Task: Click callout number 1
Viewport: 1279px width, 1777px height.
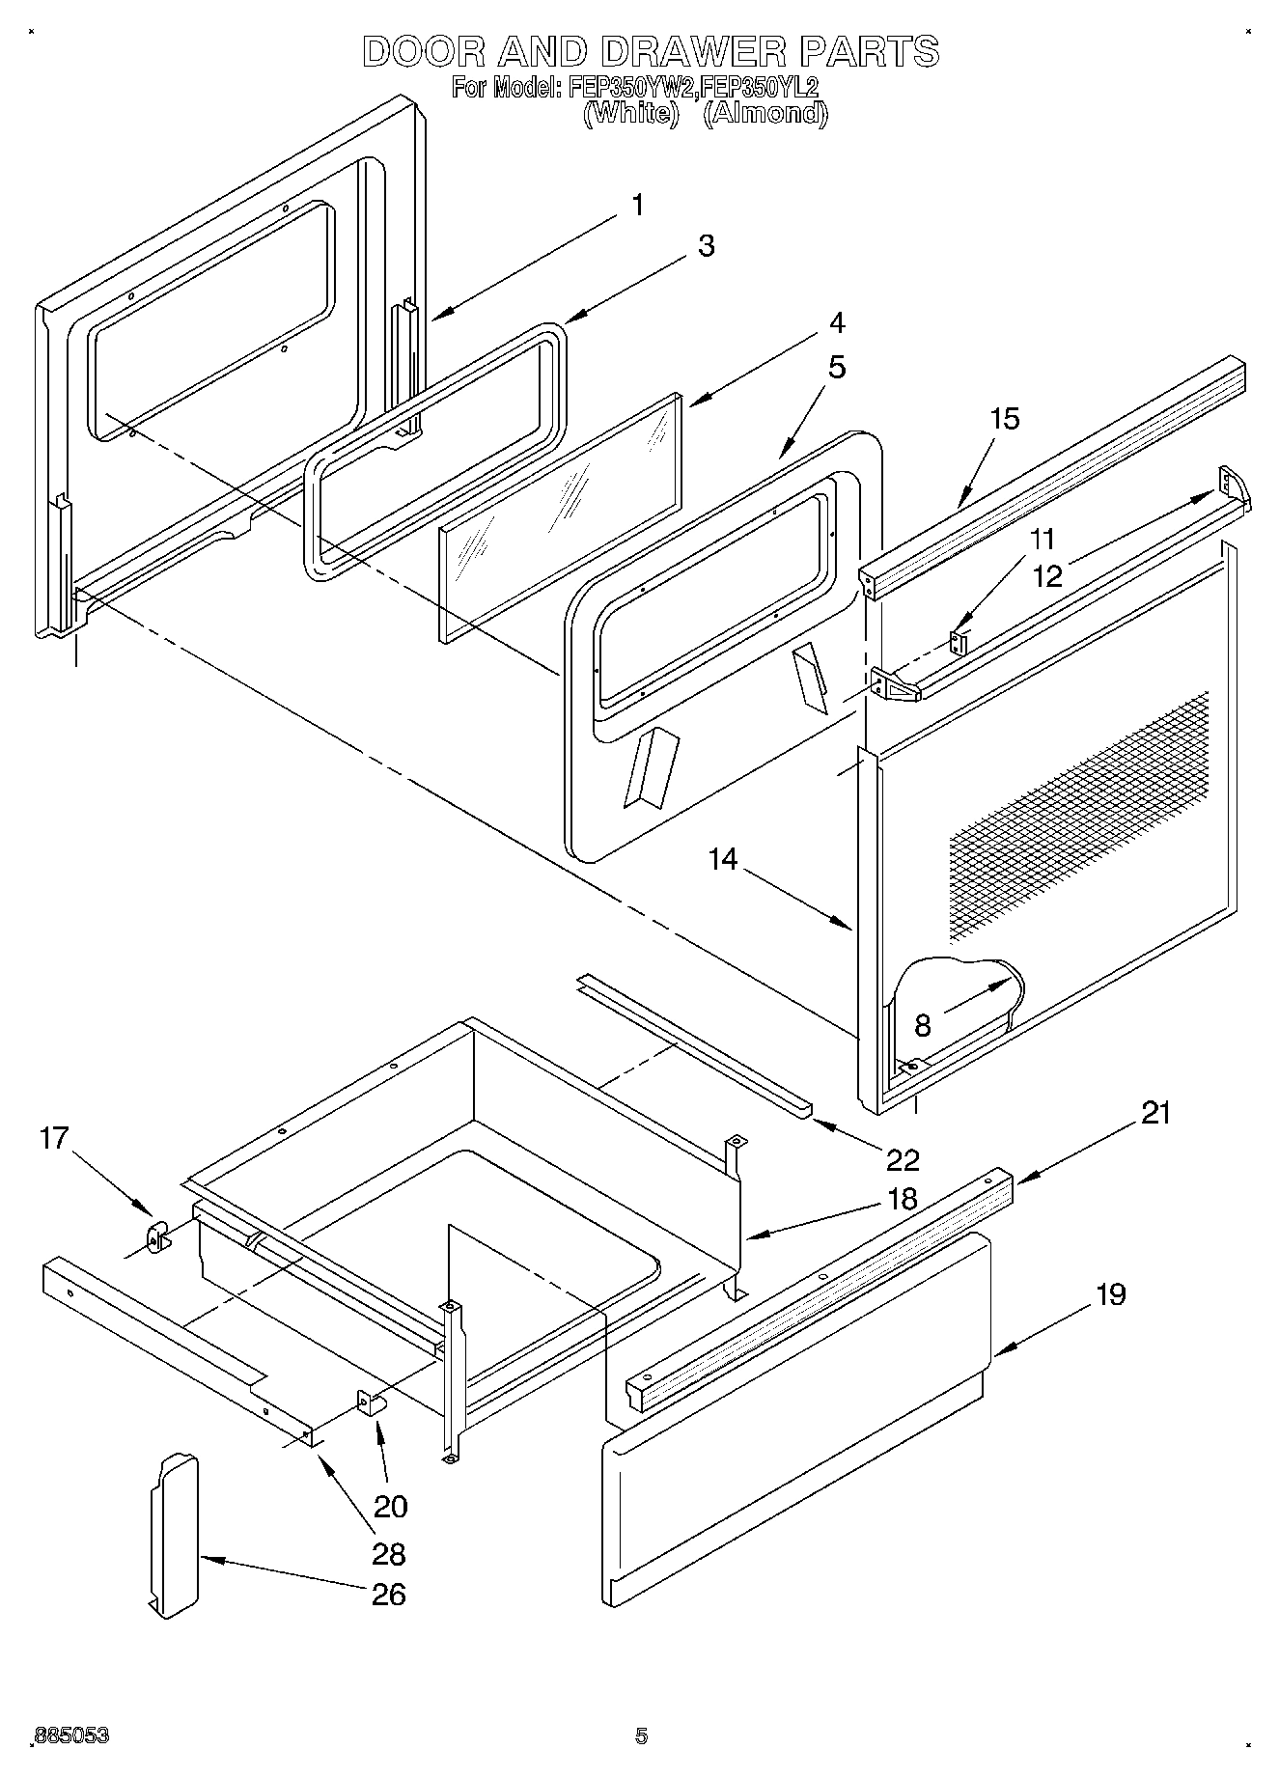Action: tap(637, 205)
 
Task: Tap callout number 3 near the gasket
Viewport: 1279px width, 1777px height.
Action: tap(707, 246)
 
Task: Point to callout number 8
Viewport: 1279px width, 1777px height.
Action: tap(923, 1025)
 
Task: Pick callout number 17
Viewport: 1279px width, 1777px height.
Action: tap(54, 1138)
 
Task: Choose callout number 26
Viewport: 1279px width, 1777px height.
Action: tap(388, 1594)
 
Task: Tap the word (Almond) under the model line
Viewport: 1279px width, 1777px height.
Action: tap(765, 114)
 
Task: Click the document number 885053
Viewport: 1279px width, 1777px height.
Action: tap(71, 1735)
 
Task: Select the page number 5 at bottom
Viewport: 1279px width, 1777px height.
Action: tap(640, 1735)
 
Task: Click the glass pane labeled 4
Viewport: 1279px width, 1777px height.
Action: tap(560, 516)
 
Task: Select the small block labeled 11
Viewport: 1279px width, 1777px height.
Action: tap(959, 643)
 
